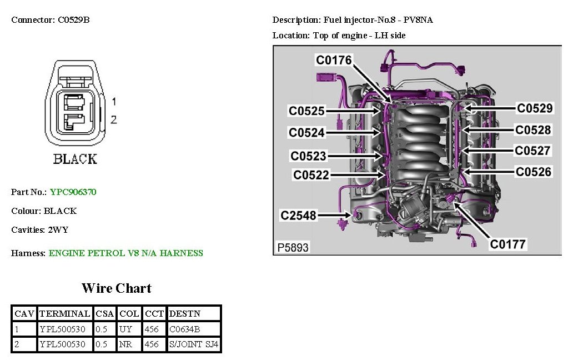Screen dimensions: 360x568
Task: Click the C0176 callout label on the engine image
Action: [x=334, y=60]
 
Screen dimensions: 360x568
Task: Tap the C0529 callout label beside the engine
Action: [x=535, y=108]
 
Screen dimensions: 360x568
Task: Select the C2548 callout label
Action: [x=299, y=214]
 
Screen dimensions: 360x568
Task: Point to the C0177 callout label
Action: [x=507, y=243]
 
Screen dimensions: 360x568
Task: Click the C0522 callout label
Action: [x=311, y=175]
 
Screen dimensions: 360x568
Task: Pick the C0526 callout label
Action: [x=534, y=172]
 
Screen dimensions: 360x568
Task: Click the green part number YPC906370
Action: [x=73, y=192]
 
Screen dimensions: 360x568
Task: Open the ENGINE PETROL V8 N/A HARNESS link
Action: [x=126, y=253]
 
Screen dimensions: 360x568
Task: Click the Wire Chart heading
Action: [x=116, y=288]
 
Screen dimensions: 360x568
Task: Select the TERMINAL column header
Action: [x=64, y=313]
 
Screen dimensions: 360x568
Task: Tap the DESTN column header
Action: [x=182, y=313]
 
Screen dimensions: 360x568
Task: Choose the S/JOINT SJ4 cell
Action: [x=194, y=344]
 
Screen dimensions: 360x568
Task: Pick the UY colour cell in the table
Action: [x=125, y=329]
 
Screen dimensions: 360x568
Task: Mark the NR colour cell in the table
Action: [x=125, y=344]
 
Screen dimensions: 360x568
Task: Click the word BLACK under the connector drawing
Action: [x=75, y=159]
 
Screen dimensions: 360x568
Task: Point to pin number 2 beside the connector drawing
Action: [x=114, y=119]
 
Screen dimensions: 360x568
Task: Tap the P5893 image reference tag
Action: [x=292, y=247]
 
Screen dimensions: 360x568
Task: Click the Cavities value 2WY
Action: [x=58, y=229]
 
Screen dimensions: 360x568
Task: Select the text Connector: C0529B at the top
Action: [x=51, y=20]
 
